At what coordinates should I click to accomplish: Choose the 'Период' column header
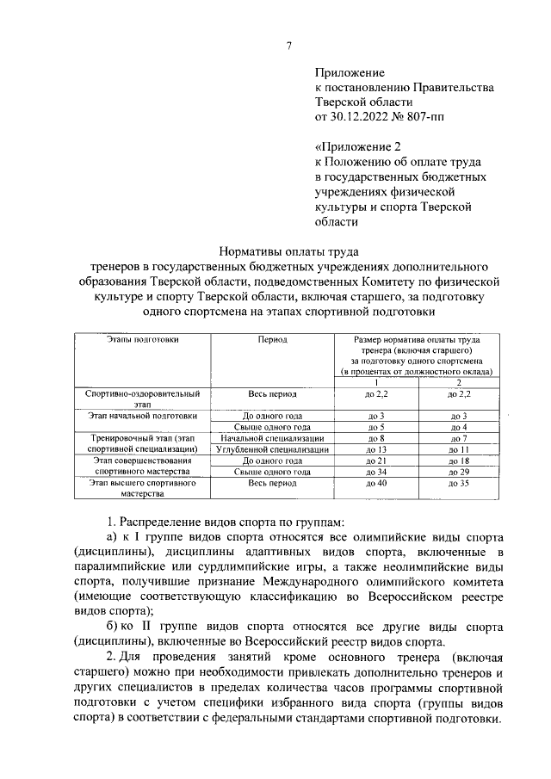273,340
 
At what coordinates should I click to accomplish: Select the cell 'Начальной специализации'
273,438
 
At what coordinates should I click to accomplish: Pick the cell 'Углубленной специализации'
273,449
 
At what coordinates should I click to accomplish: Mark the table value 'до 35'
458,484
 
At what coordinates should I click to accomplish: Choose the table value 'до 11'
458,449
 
